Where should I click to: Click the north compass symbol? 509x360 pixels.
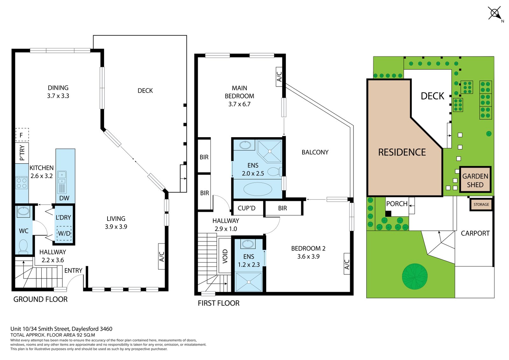495,13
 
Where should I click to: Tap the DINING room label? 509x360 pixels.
58,88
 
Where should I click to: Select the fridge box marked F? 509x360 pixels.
22,135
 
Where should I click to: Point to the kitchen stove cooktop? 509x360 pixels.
22,183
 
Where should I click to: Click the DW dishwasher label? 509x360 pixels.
64,198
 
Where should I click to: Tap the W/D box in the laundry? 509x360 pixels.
64,233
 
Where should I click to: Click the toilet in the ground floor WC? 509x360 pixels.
24,246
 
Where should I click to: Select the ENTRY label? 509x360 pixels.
73,271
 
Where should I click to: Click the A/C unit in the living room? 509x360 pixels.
161,256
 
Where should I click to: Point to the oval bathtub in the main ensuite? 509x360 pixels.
258,189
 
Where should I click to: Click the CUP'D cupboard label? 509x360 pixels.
247,208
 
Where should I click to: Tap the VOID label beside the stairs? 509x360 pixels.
225,256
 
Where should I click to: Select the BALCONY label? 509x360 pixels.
315,152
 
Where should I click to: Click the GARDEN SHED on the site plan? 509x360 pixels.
475,180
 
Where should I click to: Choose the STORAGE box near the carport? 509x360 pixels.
481,204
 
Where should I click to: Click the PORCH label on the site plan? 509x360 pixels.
397,204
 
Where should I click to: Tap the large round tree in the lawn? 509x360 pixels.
415,277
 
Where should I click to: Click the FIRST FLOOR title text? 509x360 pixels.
219,303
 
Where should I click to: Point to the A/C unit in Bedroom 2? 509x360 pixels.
347,264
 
